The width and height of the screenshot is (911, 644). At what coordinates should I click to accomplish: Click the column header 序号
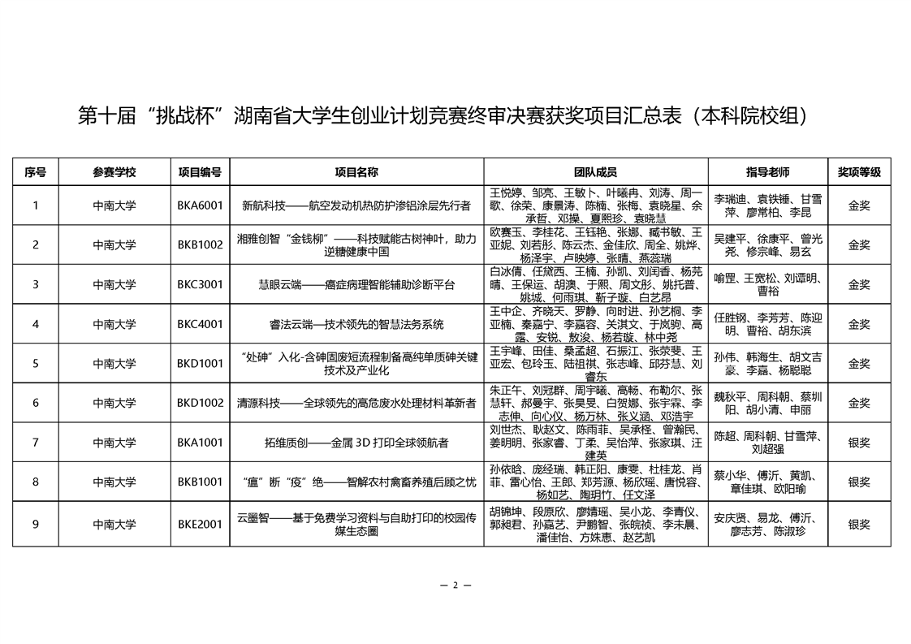(x=35, y=172)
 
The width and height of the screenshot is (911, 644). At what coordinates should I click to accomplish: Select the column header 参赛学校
(x=114, y=172)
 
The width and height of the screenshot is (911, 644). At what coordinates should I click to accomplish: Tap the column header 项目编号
(x=200, y=172)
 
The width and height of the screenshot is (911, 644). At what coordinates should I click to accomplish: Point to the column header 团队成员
(x=595, y=172)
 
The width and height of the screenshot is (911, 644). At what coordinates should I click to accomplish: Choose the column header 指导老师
(x=767, y=172)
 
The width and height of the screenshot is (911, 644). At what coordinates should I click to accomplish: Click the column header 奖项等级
(x=859, y=172)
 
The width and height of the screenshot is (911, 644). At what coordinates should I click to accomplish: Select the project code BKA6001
(x=200, y=205)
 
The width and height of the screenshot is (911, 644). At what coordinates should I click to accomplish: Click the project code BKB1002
(x=200, y=245)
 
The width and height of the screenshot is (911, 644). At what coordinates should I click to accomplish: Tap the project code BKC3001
(x=200, y=285)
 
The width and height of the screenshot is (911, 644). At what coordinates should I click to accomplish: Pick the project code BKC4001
(x=200, y=324)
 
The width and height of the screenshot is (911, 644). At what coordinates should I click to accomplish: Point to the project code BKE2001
(x=200, y=524)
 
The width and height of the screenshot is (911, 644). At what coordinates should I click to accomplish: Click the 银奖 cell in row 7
(x=859, y=443)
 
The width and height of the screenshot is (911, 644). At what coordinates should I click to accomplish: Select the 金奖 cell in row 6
(x=859, y=403)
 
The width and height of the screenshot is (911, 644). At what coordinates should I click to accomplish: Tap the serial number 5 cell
(x=35, y=364)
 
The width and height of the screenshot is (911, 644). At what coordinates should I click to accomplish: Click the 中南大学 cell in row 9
(x=114, y=524)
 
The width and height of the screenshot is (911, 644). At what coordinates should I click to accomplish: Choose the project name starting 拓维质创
(x=356, y=443)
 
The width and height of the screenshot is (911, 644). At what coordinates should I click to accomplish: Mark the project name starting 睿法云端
(x=356, y=324)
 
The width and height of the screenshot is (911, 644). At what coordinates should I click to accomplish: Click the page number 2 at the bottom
(x=455, y=586)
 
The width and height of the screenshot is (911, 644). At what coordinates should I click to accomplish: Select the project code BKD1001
(x=200, y=364)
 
